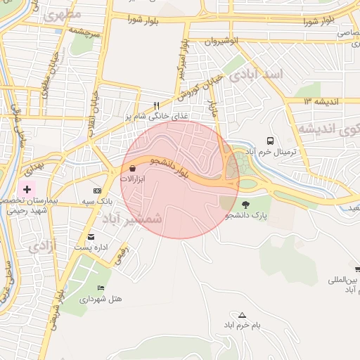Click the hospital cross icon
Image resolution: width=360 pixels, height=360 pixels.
pos(27,189)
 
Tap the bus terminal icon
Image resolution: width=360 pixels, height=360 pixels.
pos(271,140)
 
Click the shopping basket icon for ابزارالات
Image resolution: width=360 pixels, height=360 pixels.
pos(133,169)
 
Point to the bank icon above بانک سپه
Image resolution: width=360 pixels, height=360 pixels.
pos(97,191)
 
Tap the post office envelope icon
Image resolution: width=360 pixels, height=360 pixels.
pos(91,237)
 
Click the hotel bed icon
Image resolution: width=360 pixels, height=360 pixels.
pos(101,288)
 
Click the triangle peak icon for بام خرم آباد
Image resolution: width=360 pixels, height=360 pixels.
pos(243,315)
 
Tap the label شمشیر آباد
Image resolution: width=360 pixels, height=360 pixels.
pos(132,219)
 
